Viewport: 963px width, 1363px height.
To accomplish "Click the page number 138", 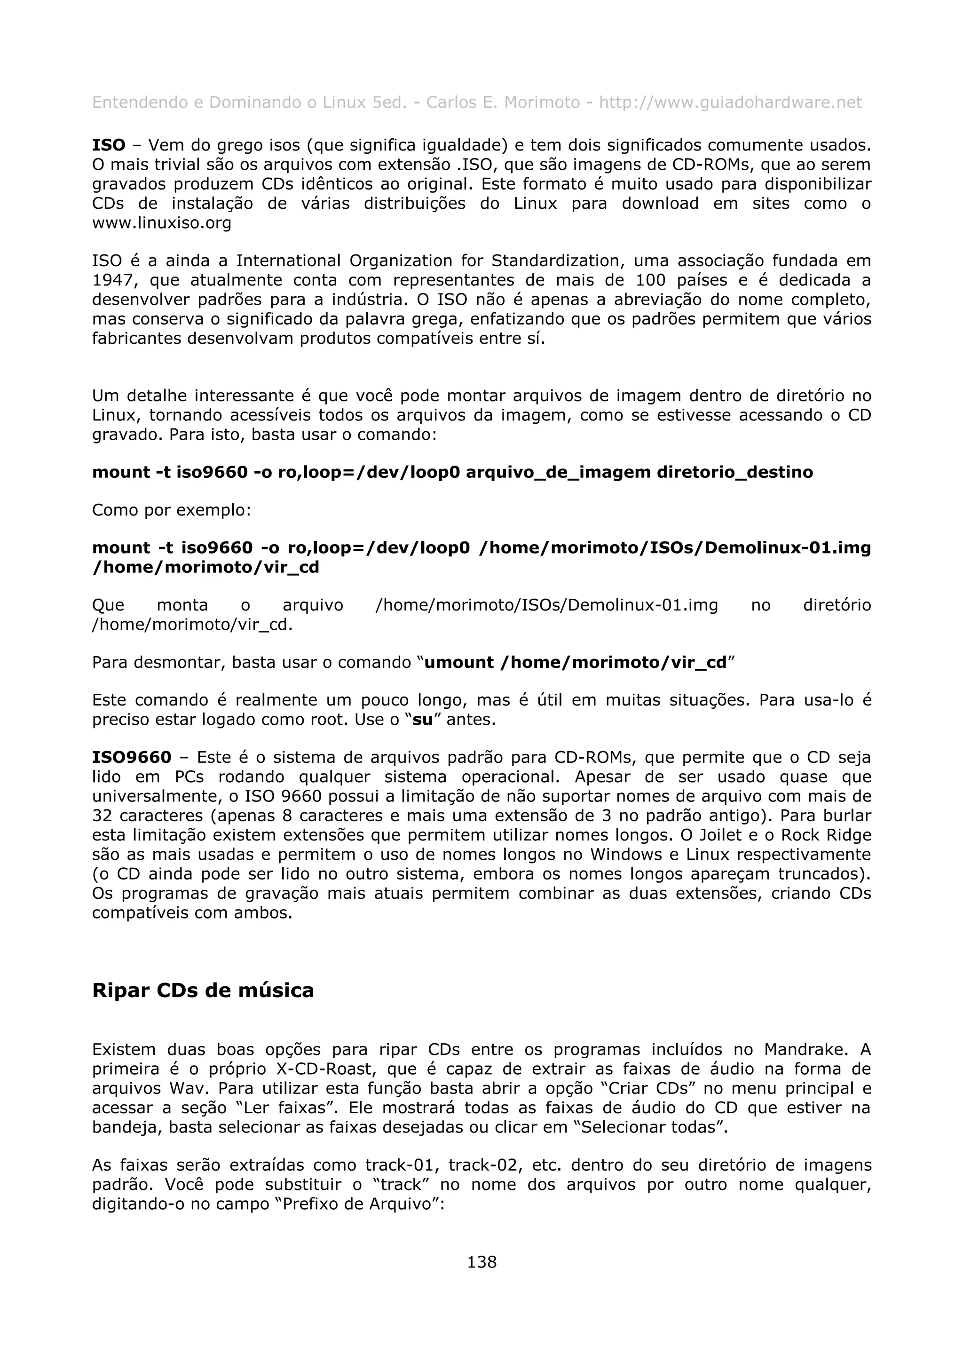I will [x=481, y=1261].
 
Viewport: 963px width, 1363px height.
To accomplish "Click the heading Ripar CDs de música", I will [x=203, y=990].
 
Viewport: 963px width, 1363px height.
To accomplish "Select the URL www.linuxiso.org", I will [x=161, y=223].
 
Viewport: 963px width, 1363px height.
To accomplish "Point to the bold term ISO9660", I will [x=132, y=758].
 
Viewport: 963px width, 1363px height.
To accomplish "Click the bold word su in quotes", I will [x=422, y=720].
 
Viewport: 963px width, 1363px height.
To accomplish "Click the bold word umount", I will [x=458, y=662].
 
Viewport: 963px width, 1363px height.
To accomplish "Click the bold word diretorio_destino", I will [x=734, y=472].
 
